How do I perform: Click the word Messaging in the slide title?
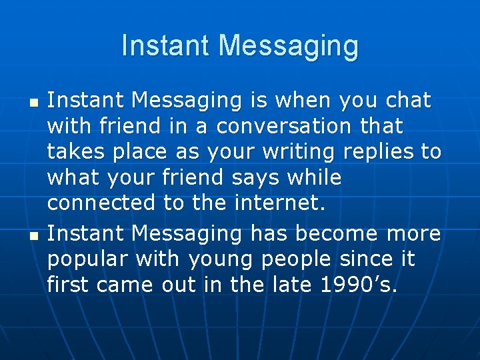point(288,47)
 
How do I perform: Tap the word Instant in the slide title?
point(166,45)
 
